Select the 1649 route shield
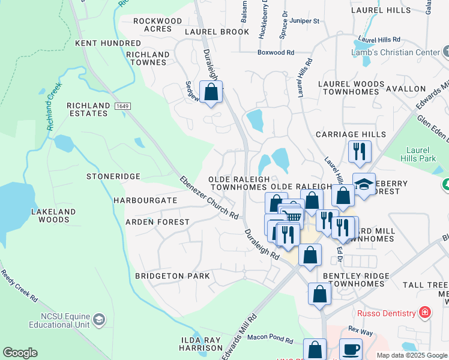click(122, 106)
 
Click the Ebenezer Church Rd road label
click(209, 197)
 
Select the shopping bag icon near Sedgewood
click(211, 92)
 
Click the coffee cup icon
click(351, 349)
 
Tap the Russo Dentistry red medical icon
click(425, 313)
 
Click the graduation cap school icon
click(364, 184)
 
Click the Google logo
click(20, 353)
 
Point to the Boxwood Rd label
click(276, 53)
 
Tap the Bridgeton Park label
click(172, 276)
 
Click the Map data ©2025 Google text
click(411, 355)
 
